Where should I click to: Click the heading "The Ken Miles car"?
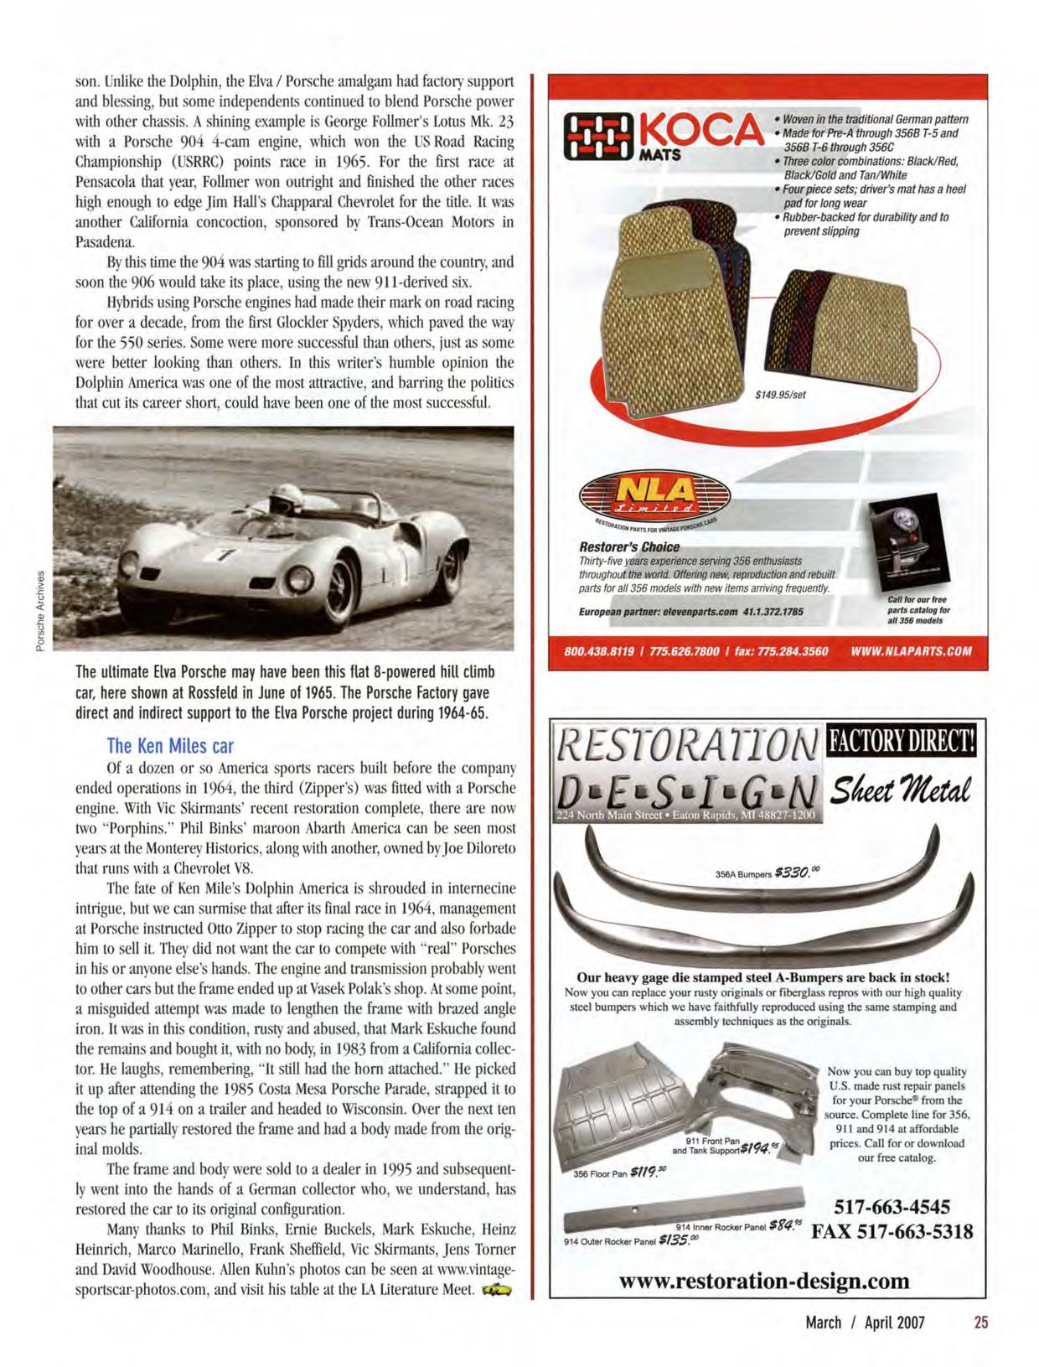click(170, 745)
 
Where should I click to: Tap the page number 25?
click(981, 1322)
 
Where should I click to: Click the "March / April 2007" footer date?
click(865, 1322)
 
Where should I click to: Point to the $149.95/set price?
click(779, 395)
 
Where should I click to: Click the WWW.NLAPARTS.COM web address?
click(911, 651)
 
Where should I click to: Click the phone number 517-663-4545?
click(892, 1208)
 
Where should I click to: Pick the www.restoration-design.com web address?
click(763, 1281)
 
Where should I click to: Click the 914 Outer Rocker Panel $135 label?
click(625, 1240)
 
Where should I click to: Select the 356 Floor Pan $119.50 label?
click(619, 1173)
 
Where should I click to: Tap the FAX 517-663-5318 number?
click(892, 1232)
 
